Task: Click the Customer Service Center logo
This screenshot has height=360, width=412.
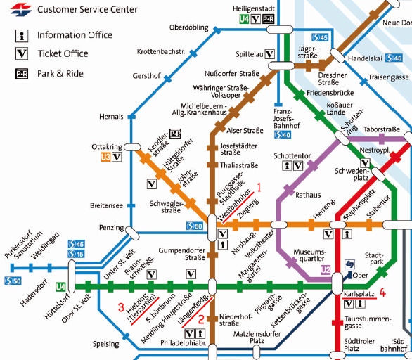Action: point(21,9)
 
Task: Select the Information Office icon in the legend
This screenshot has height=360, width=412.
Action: point(22,35)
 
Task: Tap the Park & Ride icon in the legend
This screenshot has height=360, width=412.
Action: point(22,74)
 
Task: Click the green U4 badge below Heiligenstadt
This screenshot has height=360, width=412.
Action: point(244,19)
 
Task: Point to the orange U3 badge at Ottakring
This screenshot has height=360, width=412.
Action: point(105,157)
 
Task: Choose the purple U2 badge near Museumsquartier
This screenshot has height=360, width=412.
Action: point(326,270)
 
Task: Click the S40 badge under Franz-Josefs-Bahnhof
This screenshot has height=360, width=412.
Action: point(283,135)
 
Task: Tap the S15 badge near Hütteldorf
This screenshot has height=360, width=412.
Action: point(76,254)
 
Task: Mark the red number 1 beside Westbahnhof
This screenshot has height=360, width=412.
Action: point(259,187)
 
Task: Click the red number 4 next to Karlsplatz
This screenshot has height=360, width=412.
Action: point(382,292)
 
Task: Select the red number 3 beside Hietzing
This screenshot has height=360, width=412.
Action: point(121,307)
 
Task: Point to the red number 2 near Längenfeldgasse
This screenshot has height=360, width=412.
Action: point(201,319)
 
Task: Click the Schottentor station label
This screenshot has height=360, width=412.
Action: point(292,156)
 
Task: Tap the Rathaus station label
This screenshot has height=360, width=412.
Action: point(308,195)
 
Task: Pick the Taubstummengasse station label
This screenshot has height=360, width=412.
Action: point(368,323)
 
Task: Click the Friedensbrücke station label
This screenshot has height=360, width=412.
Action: point(330,93)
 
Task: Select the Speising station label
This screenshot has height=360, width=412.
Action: point(106,344)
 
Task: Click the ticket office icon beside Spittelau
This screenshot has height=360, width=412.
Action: point(269,54)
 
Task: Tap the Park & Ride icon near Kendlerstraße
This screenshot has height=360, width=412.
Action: point(175,134)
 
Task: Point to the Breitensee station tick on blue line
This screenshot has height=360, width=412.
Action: point(131,205)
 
